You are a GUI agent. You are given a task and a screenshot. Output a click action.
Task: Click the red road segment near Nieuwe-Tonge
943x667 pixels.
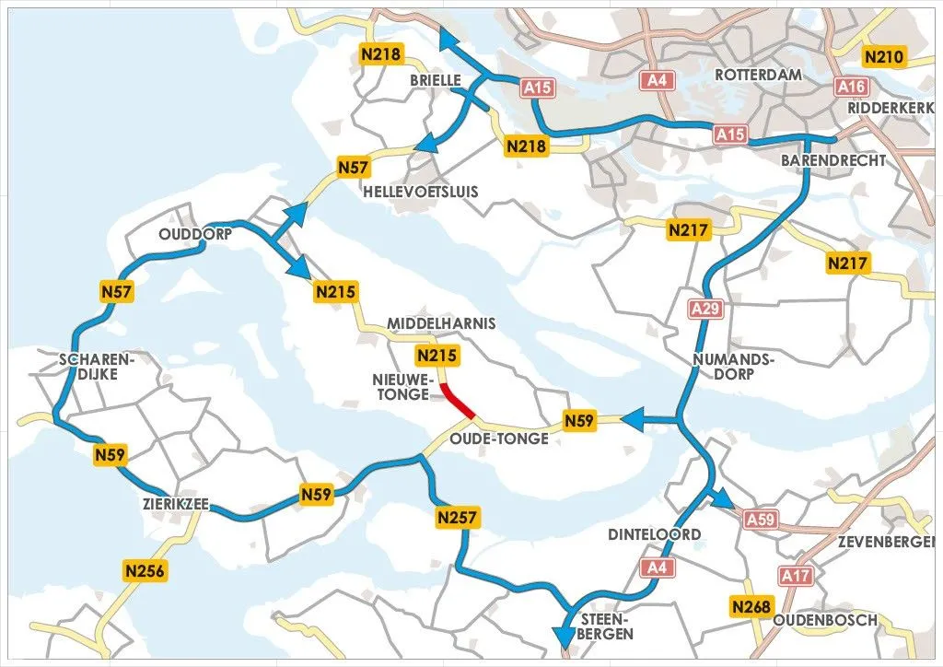coord(458,402)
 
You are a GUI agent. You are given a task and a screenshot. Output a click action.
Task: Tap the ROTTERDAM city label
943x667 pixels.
coord(758,75)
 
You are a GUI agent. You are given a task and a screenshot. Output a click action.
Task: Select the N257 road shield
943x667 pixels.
coord(458,518)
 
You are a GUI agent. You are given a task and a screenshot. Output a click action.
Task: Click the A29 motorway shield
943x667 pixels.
coord(705,309)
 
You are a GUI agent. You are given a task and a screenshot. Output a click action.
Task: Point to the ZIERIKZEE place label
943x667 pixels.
coord(176,505)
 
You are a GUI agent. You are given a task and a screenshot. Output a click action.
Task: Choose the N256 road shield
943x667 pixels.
coord(145,571)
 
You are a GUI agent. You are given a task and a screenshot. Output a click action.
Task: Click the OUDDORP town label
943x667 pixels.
coord(193,234)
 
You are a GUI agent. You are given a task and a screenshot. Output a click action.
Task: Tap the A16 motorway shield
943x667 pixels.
coord(851,86)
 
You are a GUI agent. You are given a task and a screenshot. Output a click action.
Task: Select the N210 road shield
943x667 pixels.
coord(885,57)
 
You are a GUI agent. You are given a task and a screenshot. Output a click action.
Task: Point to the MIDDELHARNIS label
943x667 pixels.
coord(441,323)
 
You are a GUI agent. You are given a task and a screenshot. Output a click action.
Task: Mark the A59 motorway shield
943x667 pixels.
coord(761,520)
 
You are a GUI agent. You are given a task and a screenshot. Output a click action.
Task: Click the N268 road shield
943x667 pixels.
coord(751,606)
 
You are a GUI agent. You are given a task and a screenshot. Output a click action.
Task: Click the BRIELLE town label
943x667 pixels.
coord(436,80)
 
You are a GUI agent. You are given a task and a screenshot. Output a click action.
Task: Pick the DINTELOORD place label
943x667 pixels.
coord(654,534)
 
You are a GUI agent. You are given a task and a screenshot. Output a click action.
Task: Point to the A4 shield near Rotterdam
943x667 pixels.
coord(656,81)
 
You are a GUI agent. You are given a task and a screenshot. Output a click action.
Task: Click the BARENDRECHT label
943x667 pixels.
coord(833,159)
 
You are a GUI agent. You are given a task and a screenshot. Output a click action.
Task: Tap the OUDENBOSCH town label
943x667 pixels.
coord(825,620)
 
